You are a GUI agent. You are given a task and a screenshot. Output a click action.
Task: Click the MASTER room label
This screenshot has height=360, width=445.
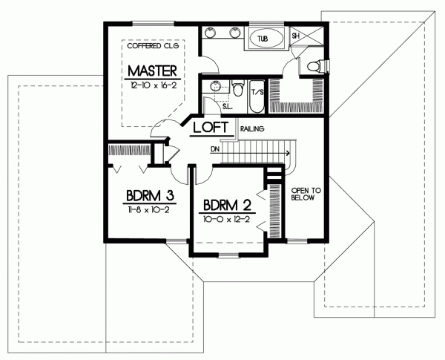coord(151,71)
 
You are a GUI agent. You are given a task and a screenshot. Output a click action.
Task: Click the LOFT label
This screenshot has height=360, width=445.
coord(209,128)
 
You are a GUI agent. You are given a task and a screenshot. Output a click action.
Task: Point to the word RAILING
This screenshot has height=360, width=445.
coord(252,129)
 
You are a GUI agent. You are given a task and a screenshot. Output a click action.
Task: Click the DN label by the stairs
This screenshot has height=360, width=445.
coord(215,149)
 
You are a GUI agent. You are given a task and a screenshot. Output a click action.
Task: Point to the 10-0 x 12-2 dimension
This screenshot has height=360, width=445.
coord(226,220)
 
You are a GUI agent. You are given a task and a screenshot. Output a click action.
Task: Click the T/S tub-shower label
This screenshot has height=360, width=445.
coord(258,92)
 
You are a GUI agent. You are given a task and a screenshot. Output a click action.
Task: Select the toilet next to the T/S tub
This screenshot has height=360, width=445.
coord(237,90)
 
